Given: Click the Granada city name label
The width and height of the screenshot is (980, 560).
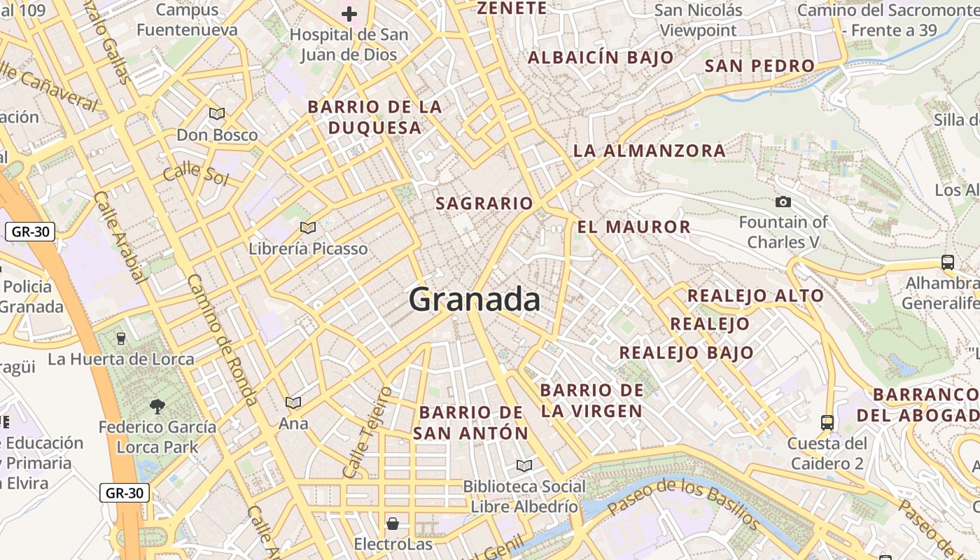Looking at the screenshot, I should tap(475, 300).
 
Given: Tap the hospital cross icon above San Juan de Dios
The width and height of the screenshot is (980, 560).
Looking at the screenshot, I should tap(349, 13).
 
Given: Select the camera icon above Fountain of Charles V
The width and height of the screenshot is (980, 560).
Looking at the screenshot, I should tap(783, 202).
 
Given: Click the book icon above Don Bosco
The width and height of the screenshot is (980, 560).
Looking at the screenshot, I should tap(217, 113).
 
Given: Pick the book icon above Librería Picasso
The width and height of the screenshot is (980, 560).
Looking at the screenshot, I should tap(308, 227).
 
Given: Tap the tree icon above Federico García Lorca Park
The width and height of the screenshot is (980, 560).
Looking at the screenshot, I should tap(157, 406).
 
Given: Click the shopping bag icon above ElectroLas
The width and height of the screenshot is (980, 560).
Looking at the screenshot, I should tap(392, 523).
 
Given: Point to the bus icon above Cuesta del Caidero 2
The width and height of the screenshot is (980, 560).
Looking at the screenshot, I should tap(827, 422).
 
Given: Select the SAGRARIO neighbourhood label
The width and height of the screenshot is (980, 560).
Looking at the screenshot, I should tap(484, 204).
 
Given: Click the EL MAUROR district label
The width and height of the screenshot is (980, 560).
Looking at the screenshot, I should tap(634, 227).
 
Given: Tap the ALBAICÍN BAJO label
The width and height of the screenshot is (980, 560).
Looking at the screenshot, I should tap(601, 57).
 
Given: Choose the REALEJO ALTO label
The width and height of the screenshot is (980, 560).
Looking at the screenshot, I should tap(755, 295).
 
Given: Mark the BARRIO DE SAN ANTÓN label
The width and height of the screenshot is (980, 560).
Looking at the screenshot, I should tap(470, 423).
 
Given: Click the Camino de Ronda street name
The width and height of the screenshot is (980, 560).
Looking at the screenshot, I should tap(222, 339).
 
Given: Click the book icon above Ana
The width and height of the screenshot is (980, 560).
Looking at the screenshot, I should tap(293, 402).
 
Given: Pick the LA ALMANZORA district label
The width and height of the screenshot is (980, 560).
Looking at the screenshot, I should tap(649, 150).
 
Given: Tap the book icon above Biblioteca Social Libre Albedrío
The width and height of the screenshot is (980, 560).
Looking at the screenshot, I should tap(524, 465).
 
